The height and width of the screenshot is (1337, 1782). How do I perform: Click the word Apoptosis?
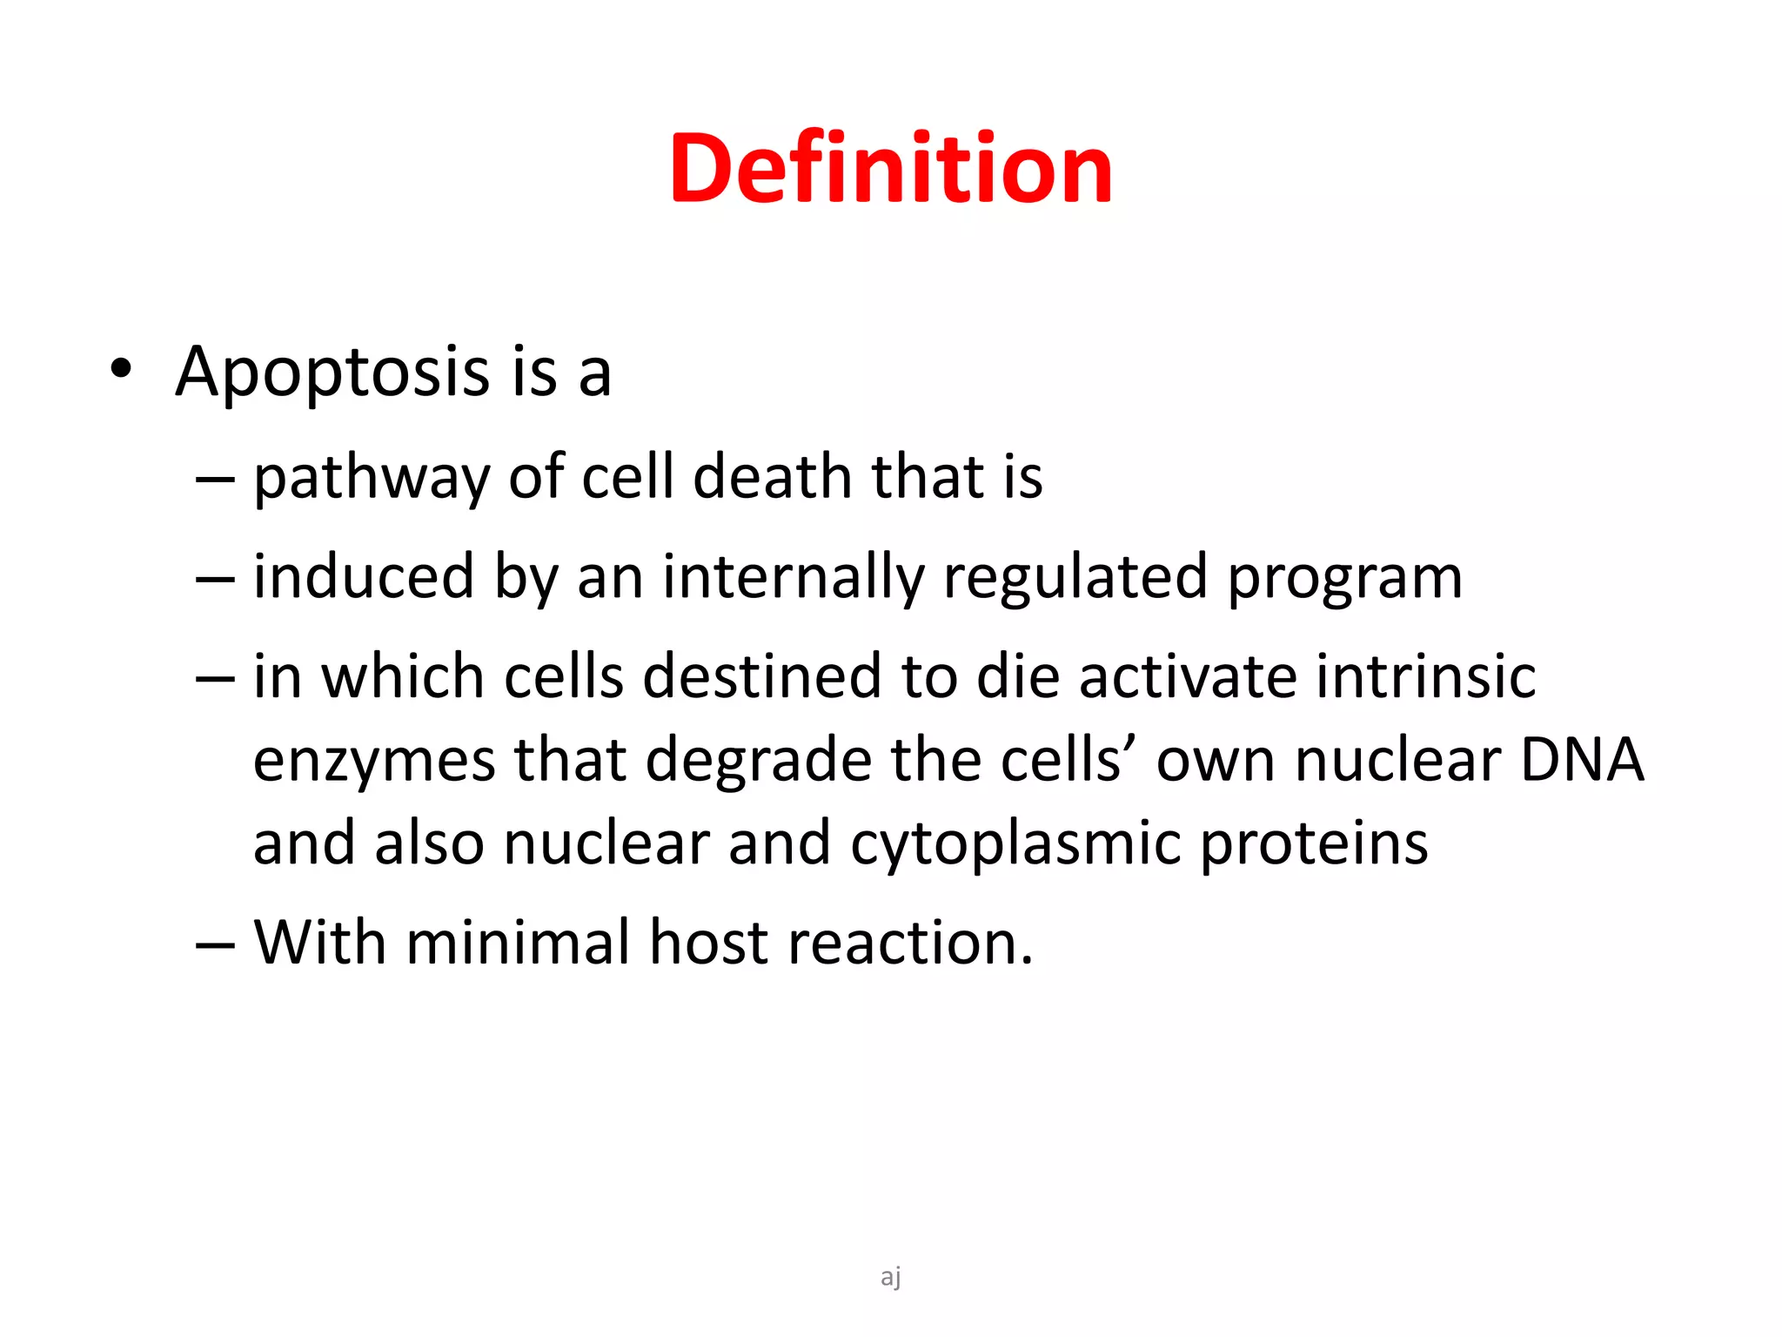point(332,373)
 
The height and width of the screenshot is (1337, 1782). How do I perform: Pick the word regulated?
point(1075,578)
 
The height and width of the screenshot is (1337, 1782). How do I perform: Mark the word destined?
point(762,676)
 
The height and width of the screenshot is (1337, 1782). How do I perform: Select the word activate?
point(1188,676)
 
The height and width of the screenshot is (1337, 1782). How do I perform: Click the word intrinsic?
point(1426,676)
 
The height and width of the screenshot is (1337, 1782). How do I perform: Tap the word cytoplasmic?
point(1015,844)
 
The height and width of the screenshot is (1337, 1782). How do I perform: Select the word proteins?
point(1314,844)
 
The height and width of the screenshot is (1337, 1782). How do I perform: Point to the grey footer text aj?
point(890,1277)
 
